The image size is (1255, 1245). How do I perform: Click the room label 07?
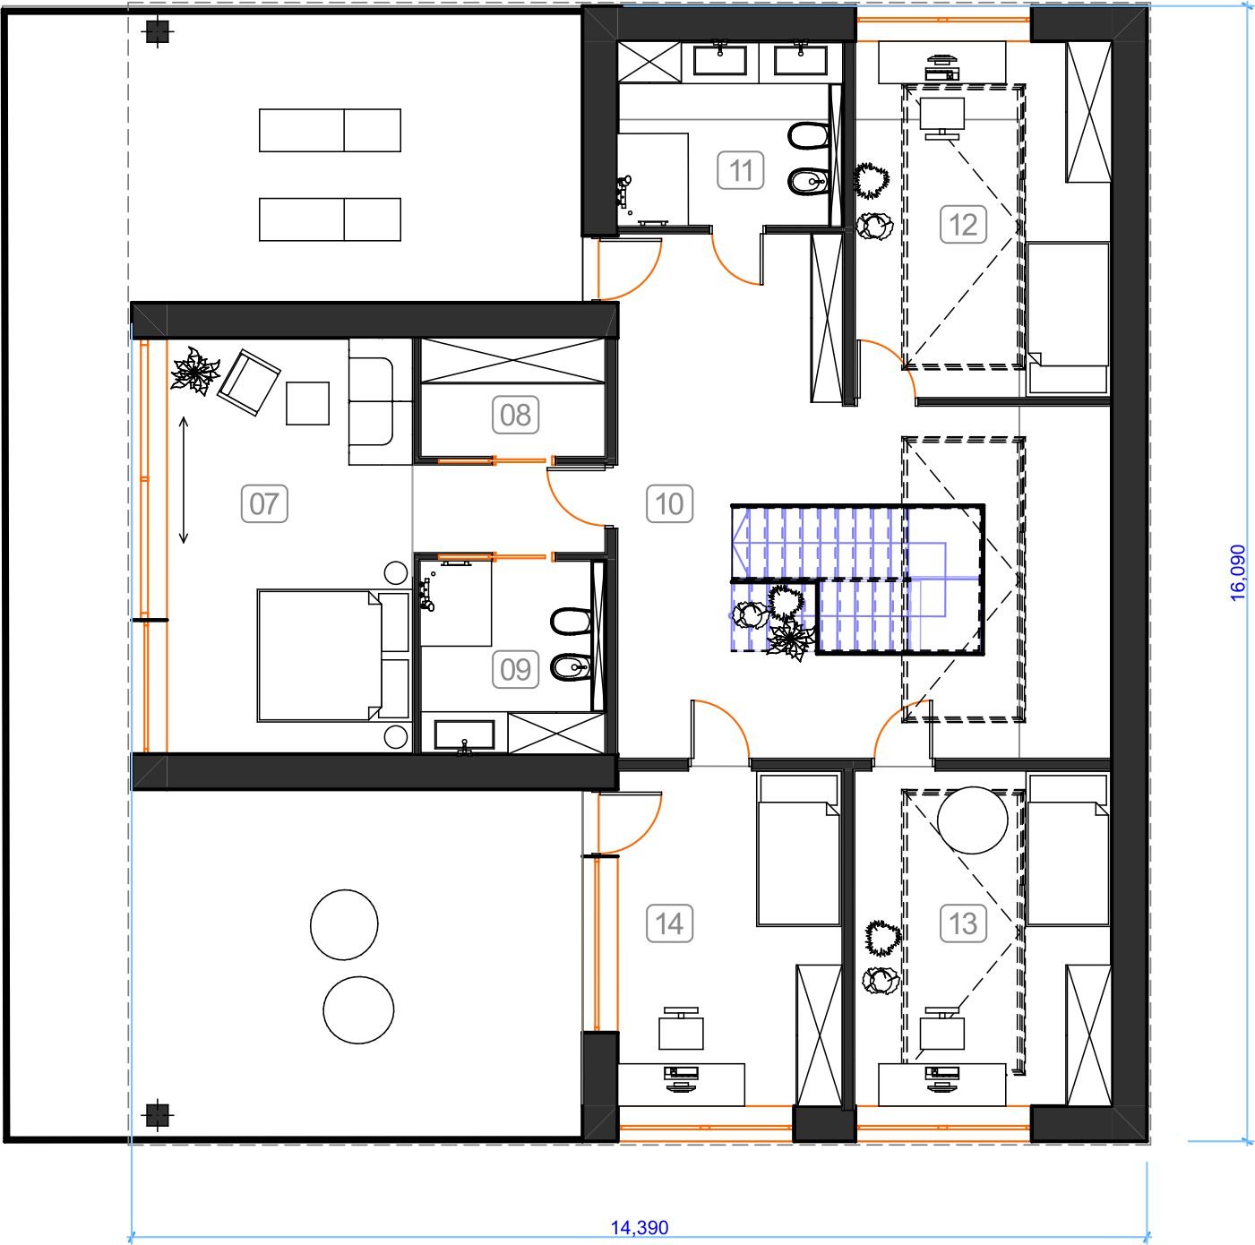264,503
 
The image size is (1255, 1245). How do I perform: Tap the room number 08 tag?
515,415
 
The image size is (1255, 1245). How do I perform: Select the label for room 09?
515,669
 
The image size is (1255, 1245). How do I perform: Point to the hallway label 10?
669,503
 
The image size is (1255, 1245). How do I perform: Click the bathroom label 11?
741,170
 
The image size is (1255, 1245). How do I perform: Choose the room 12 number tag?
963,225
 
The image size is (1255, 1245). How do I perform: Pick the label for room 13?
963,923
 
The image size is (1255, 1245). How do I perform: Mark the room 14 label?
669,923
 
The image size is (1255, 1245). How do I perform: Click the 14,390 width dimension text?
640,1227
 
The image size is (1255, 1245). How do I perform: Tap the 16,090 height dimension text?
1237,572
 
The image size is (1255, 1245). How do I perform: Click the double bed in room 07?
333,656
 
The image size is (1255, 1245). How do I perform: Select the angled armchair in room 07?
249,382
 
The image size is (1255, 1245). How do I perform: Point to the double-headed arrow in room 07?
184,480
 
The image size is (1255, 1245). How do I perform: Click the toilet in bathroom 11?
808,136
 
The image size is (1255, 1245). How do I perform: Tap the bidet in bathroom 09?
571,666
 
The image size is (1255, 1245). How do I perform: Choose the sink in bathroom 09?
464,734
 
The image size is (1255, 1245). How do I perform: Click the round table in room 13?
972,820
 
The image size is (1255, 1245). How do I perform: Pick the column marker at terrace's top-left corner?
157,30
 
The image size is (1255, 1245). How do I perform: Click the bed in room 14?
798,849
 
